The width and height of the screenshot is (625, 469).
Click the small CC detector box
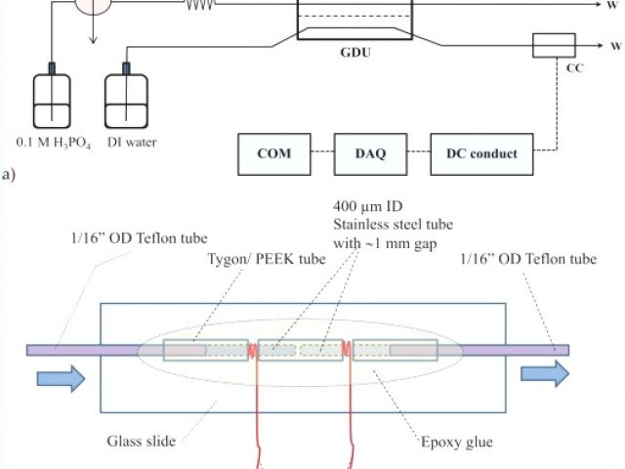tap(555, 45)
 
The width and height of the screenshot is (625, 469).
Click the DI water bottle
tap(125, 99)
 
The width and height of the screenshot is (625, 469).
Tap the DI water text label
tap(129, 142)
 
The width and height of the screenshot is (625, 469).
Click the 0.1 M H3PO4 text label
tap(47, 143)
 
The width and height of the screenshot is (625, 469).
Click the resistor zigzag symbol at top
tap(200, 5)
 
